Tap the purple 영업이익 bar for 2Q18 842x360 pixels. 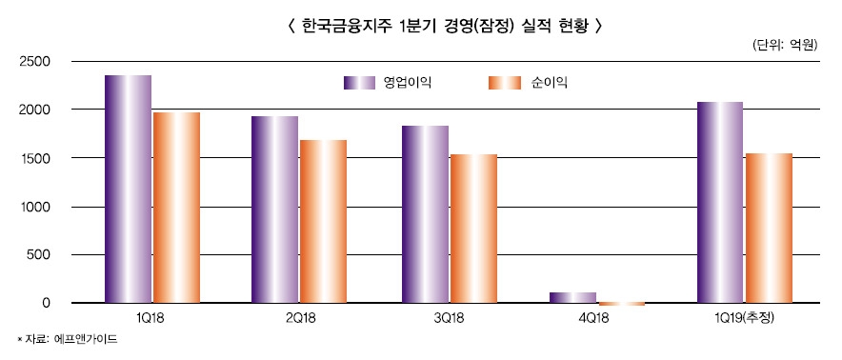pyautogui.click(x=275, y=210)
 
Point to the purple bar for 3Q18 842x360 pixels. pyautogui.click(x=425, y=214)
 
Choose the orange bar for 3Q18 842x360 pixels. pyautogui.click(x=473, y=229)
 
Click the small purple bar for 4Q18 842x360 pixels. pyautogui.click(x=572, y=297)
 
